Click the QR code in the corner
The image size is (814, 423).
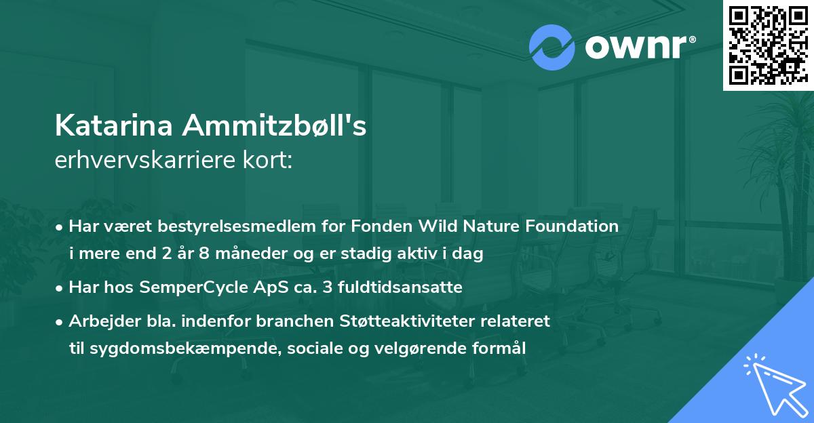click(769, 45)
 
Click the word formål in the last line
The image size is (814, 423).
click(501, 348)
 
